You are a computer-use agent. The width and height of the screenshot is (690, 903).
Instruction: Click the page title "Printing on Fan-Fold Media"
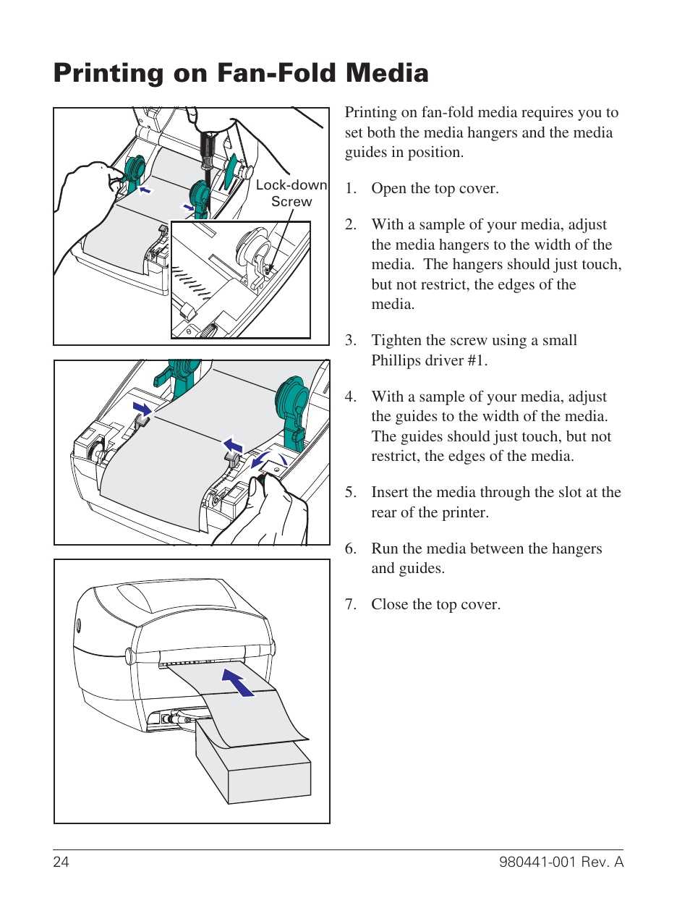click(x=241, y=73)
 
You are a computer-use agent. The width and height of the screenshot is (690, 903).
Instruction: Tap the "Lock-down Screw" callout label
click(x=291, y=193)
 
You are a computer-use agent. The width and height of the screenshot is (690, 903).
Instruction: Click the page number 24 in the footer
click(x=61, y=862)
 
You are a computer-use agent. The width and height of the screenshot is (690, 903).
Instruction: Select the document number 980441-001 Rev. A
click(x=561, y=862)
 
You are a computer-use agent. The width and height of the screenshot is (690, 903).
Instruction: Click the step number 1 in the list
click(x=350, y=189)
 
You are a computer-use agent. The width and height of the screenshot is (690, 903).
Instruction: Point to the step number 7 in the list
click(x=350, y=605)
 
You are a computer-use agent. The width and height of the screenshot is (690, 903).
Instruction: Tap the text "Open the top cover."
click(x=435, y=189)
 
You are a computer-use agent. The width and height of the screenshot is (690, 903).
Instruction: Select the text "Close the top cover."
click(x=435, y=605)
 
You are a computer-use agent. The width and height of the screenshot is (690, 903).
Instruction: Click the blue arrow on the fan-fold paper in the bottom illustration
click(x=238, y=682)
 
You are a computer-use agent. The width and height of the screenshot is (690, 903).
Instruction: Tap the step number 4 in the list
click(x=350, y=397)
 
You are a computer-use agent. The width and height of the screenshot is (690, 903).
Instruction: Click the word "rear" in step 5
click(x=383, y=512)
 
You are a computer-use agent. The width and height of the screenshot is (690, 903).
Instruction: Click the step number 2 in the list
click(x=350, y=225)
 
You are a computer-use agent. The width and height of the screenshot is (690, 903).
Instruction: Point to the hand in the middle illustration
click(x=268, y=514)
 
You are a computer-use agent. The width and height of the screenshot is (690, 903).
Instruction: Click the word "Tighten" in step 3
click(x=396, y=341)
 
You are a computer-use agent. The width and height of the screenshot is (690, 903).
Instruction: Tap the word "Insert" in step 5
click(x=391, y=492)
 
